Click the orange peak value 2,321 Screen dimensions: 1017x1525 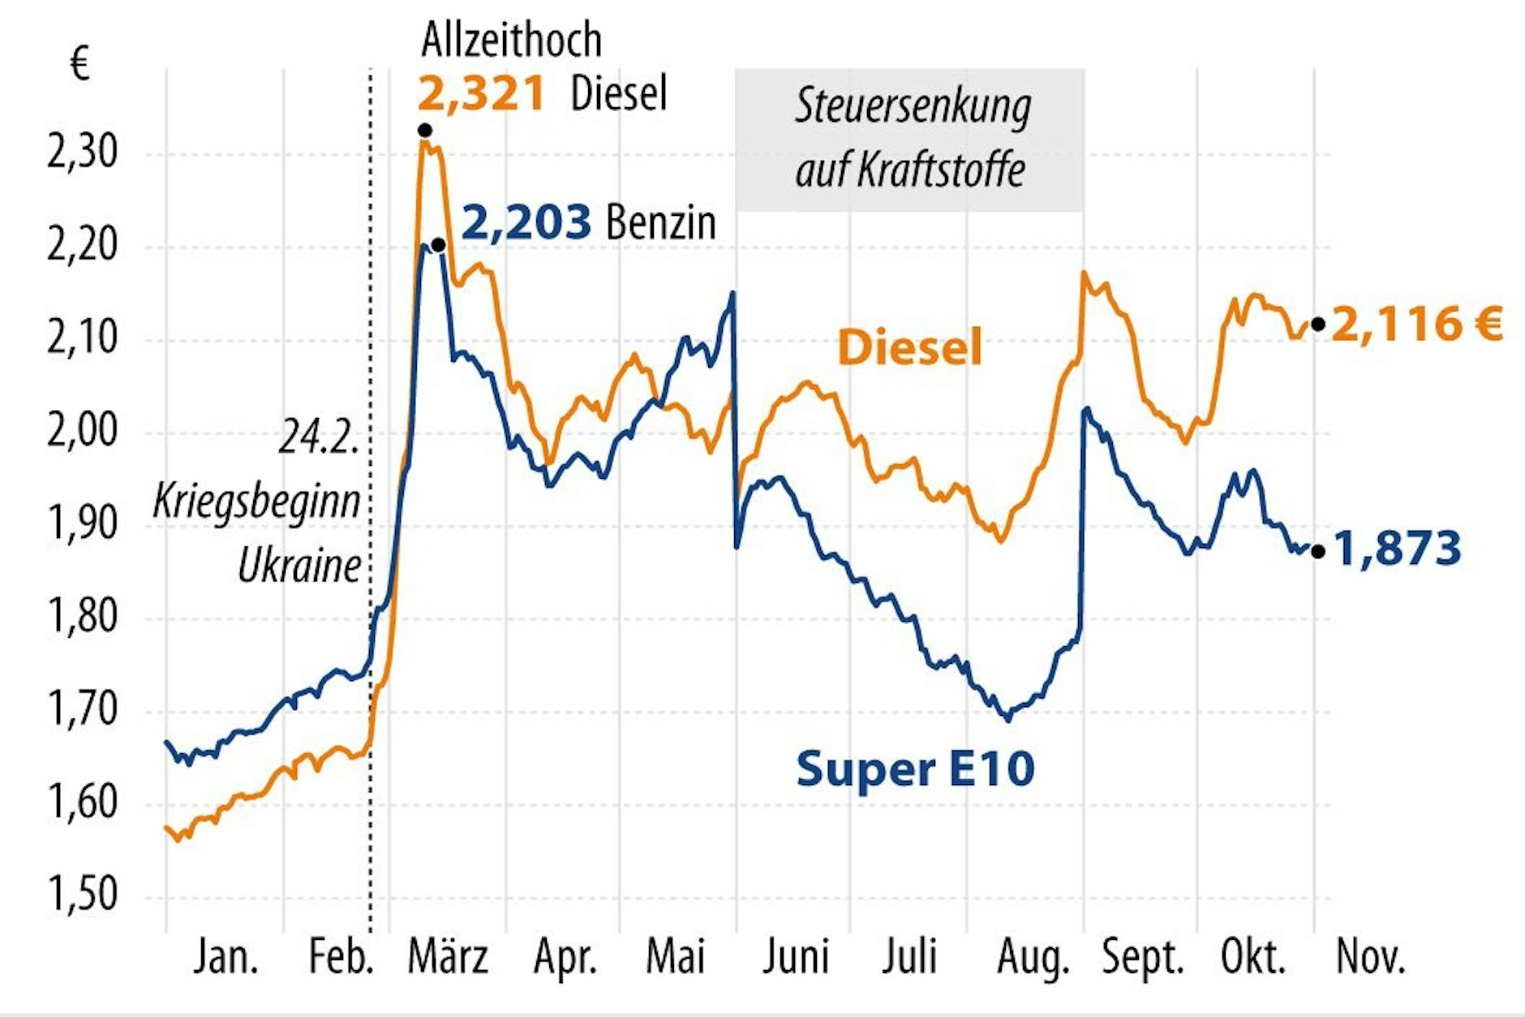[480, 93]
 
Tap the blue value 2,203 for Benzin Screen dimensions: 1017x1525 [526, 222]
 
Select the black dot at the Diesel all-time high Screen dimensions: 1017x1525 [424, 131]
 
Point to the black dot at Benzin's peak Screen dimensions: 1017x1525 [438, 244]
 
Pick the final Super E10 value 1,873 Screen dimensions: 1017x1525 [1397, 549]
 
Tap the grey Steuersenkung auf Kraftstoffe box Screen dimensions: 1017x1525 [909, 140]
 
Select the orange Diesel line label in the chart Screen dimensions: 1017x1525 [909, 347]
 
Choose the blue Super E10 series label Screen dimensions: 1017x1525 [915, 768]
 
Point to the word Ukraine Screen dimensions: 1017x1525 [299, 566]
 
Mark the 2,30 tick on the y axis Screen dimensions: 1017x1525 [82, 152]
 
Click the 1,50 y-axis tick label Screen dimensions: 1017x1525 [82, 895]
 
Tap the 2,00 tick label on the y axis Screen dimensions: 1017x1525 [82, 431]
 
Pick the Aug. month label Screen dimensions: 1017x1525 [1033, 958]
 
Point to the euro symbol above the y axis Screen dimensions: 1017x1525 [79, 63]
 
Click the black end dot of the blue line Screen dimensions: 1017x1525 [1318, 552]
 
